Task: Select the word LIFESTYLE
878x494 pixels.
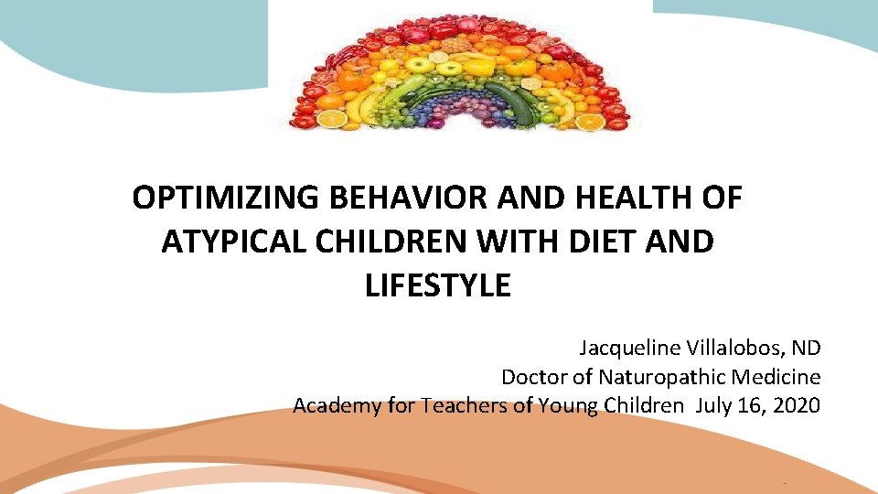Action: tap(438, 286)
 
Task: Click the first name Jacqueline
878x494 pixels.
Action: tap(627, 349)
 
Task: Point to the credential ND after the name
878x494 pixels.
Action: tap(807, 349)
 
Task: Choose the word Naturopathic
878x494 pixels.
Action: tap(660, 377)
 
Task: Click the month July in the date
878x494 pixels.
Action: tap(714, 405)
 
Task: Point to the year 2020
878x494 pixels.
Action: tap(797, 405)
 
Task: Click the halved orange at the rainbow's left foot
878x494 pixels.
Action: tap(332, 119)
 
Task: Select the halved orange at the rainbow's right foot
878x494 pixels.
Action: tap(588, 120)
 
